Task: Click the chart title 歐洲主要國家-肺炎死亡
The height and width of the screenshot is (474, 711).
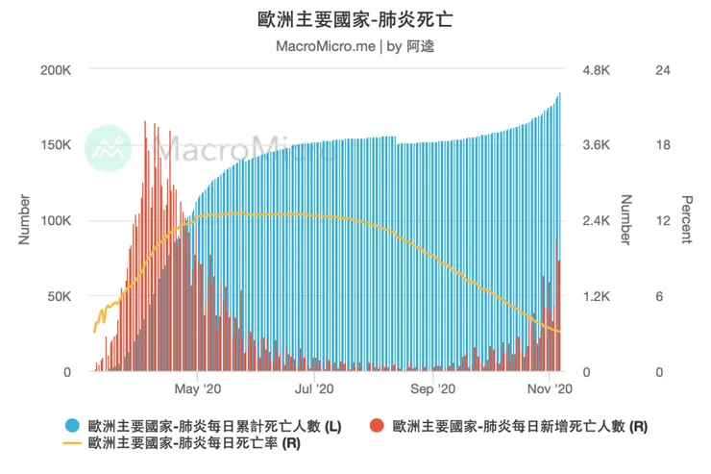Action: pos(355,20)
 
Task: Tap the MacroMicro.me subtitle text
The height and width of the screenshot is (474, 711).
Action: pos(325,45)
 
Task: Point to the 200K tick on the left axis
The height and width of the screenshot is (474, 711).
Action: pos(53,70)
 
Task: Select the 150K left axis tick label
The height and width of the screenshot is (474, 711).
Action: pos(53,145)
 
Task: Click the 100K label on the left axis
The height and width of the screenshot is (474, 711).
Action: pos(53,221)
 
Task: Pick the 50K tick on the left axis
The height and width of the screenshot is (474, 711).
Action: pos(57,296)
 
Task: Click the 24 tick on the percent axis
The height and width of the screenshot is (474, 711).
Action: pos(662,70)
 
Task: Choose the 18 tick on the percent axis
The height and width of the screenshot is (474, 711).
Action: pos(662,145)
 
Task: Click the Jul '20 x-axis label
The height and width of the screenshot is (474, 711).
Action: pos(313,389)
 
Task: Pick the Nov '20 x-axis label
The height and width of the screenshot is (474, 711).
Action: pos(551,389)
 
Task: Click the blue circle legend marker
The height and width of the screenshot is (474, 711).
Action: pos(72,425)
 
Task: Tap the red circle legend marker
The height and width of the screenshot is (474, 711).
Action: pos(377,425)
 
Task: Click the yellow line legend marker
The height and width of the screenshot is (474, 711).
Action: pos(72,443)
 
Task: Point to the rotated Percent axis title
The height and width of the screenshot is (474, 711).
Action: pos(686,219)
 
